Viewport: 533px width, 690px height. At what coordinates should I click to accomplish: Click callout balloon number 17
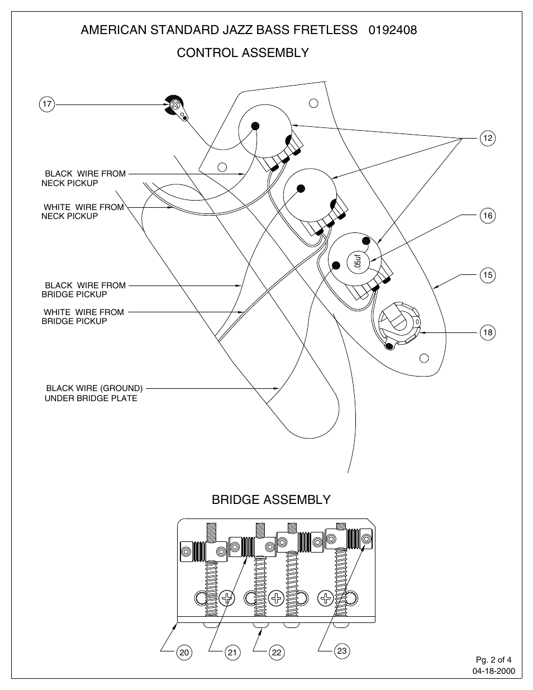[47, 104]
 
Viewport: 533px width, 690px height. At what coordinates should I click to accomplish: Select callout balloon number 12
[488, 138]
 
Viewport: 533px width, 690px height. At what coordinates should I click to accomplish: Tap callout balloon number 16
[488, 216]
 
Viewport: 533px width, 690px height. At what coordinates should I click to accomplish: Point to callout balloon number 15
[488, 275]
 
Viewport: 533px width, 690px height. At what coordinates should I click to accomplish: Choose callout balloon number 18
[488, 333]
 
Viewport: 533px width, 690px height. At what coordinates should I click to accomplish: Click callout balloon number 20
[184, 651]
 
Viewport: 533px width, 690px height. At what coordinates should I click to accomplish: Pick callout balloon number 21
[232, 651]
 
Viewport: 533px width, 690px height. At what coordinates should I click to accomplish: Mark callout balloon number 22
[277, 651]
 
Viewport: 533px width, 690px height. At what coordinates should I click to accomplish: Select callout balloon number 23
[342, 650]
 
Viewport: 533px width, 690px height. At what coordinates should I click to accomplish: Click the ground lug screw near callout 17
[176, 104]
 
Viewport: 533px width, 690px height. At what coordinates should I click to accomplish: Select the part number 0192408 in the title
[393, 30]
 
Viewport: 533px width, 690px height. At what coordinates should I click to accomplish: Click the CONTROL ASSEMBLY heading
[242, 53]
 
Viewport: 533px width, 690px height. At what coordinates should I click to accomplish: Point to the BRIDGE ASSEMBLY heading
[271, 499]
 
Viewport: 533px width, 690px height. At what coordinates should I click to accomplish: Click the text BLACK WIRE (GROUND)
[94, 388]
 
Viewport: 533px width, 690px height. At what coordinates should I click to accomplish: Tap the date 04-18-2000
[494, 671]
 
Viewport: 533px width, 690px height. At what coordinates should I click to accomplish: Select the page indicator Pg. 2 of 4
[493, 660]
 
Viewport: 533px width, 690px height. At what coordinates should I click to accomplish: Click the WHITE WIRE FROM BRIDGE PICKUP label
[83, 317]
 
